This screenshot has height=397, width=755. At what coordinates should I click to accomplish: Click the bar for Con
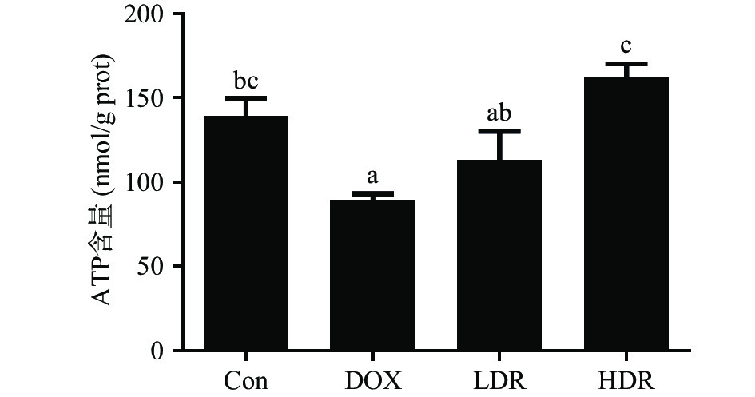click(246, 232)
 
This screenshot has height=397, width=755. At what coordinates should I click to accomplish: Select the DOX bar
click(373, 275)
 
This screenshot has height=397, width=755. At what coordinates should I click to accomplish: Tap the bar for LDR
click(500, 255)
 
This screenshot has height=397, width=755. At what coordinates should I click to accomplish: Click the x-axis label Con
click(246, 378)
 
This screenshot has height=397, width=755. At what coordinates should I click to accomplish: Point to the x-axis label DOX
click(373, 378)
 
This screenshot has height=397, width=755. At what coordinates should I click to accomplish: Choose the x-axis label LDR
click(500, 378)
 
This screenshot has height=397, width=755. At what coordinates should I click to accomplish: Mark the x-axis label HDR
click(626, 378)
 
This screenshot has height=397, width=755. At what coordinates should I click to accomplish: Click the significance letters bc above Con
click(246, 81)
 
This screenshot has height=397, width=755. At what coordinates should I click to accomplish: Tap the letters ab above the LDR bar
click(500, 113)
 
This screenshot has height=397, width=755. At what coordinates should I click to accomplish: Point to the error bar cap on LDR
click(500, 131)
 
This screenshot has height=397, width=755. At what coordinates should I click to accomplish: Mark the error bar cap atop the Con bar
click(246, 98)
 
